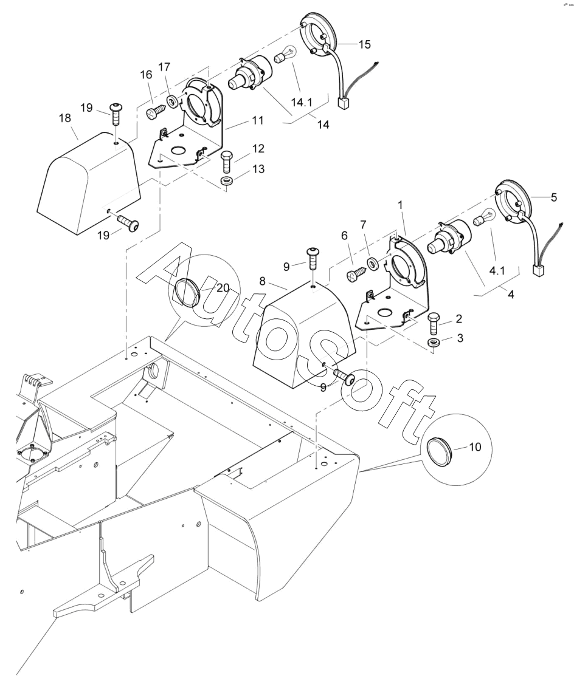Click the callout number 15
coord(364,44)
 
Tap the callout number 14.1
coord(302,103)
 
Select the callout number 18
coord(65,118)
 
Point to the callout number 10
coord(475,447)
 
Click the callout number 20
coord(223,288)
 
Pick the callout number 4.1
coord(497,271)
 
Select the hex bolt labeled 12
coord(227,161)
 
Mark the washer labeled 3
coord(434,343)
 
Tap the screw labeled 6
coord(356,275)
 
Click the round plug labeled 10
coord(437,449)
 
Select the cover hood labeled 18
coord(88,183)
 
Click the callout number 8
coord(262,281)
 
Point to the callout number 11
coord(257,120)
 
